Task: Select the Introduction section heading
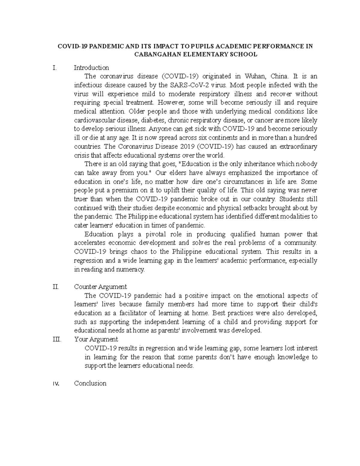tap(91, 68)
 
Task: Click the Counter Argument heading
tap(100, 287)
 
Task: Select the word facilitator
tap(132, 313)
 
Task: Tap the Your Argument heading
tap(96, 339)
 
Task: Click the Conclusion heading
tap(90, 383)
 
